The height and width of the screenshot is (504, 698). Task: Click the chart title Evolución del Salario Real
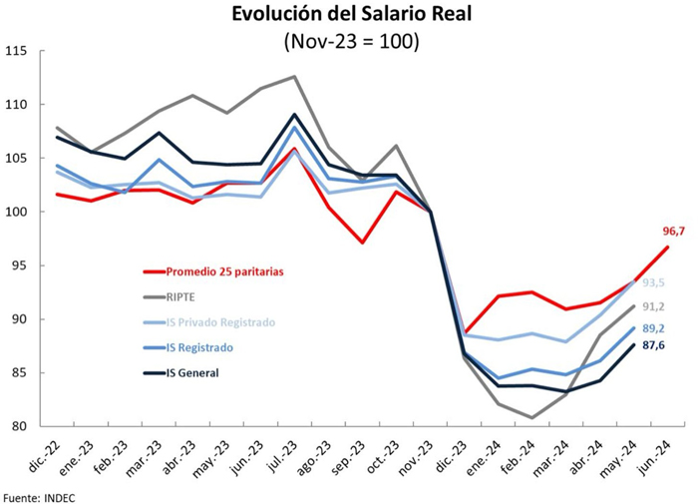(350, 15)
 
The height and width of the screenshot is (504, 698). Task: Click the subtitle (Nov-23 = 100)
(350, 41)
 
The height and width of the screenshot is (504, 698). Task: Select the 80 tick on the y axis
(18, 426)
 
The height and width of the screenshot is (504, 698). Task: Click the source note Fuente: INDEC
(39, 495)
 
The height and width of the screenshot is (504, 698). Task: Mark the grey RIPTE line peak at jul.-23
(294, 77)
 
